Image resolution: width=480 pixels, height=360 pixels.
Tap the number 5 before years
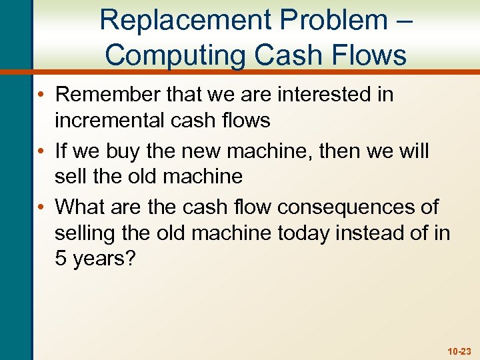pos(61,259)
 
